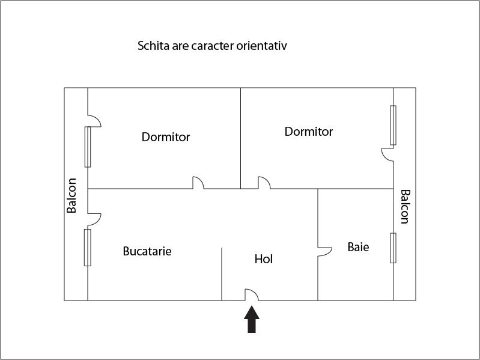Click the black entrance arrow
tap(252, 319)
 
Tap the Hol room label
tap(264, 259)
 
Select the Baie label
tap(358, 247)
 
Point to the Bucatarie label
tap(147, 251)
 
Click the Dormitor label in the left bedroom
tap(166, 137)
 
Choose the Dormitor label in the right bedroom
tap(309, 132)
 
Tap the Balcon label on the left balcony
tap(71, 195)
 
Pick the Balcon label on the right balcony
tap(405, 207)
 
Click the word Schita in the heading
tap(153, 46)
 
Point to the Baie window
tap(393, 248)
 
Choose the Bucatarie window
tap(88, 248)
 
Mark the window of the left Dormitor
tap(88, 147)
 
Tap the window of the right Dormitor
tap(393, 125)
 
